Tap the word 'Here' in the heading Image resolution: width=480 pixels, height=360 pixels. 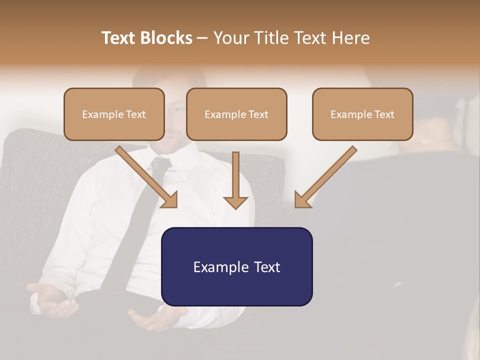click(x=350, y=38)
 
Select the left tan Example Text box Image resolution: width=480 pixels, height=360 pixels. click(x=114, y=114)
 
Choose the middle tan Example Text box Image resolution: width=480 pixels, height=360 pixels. click(x=236, y=114)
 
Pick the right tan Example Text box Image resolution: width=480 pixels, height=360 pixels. click(x=362, y=114)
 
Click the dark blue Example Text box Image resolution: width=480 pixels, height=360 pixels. click(x=236, y=266)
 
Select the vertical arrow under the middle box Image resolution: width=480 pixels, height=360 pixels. click(x=235, y=177)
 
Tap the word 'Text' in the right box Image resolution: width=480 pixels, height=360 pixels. click(x=384, y=114)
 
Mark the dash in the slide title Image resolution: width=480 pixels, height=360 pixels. click(x=202, y=38)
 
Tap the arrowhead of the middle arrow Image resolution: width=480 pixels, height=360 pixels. click(x=235, y=202)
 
